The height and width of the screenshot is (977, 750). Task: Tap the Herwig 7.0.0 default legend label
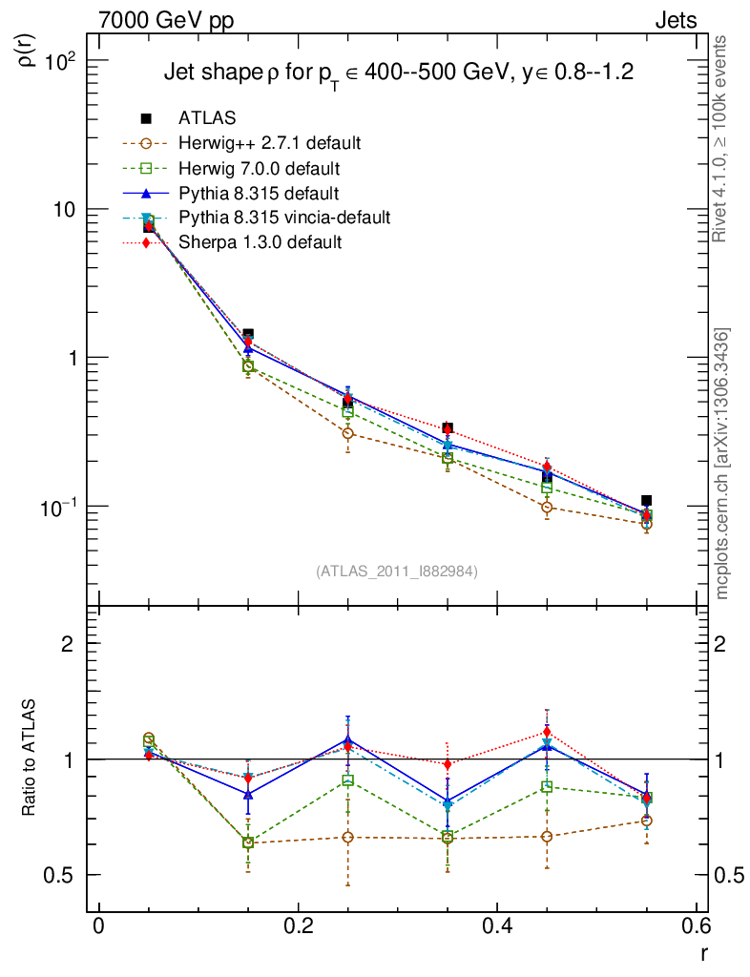coord(259,168)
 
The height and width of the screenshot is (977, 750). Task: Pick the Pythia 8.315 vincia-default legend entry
coord(284,218)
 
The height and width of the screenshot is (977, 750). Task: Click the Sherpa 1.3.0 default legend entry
coord(260,242)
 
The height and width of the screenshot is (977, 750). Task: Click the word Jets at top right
coord(675,20)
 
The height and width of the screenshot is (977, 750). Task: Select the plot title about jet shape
coord(399,73)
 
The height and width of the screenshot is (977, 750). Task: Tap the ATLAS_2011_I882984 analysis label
coord(397,571)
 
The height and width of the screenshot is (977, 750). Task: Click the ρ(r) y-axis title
coord(29,48)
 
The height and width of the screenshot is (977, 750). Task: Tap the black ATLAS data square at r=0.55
coord(646,500)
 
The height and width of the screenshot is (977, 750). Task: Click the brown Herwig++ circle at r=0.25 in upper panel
coord(348,433)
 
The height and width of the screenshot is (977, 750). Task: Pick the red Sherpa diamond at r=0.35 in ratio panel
coord(448,764)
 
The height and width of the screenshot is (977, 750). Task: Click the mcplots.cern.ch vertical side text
coord(722,464)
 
